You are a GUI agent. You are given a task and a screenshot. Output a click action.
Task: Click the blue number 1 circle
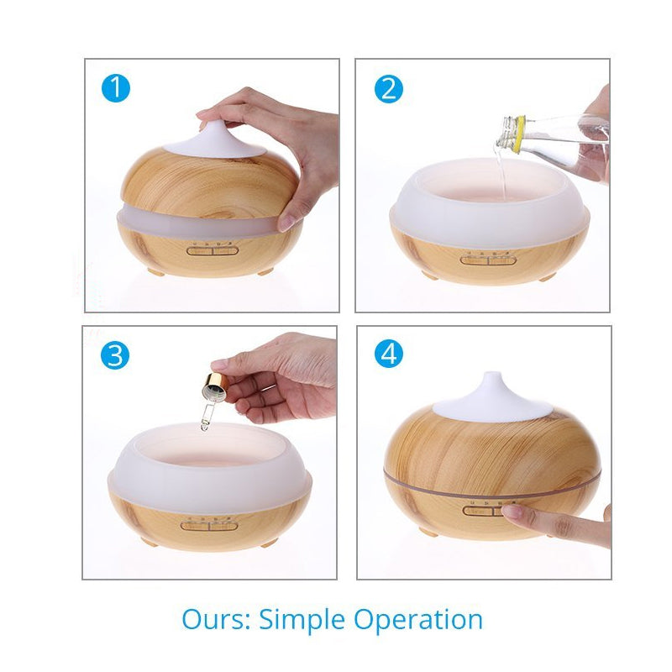point(116,88)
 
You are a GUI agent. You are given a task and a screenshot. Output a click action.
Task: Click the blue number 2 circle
point(389,89)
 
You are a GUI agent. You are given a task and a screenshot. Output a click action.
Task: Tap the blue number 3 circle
point(115,355)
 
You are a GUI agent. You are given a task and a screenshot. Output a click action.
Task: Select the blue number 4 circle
point(389,354)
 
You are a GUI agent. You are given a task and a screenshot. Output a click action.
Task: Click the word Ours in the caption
point(216,619)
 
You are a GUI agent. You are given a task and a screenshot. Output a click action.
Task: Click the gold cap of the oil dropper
point(216,381)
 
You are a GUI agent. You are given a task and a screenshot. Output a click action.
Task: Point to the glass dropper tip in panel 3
point(204,426)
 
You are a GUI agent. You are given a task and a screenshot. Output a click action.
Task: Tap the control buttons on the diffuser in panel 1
point(213,250)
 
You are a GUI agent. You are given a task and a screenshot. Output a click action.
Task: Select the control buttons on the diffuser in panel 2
point(486,260)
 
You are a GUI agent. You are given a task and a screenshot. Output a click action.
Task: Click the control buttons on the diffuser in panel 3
point(208,526)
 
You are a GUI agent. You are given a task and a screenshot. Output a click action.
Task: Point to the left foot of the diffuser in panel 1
point(155,271)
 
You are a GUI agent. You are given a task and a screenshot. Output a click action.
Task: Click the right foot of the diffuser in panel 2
point(548,277)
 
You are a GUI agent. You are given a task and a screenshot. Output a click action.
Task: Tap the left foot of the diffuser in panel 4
point(428,532)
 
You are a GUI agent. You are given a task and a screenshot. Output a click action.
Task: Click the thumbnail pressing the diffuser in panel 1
point(286,222)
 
